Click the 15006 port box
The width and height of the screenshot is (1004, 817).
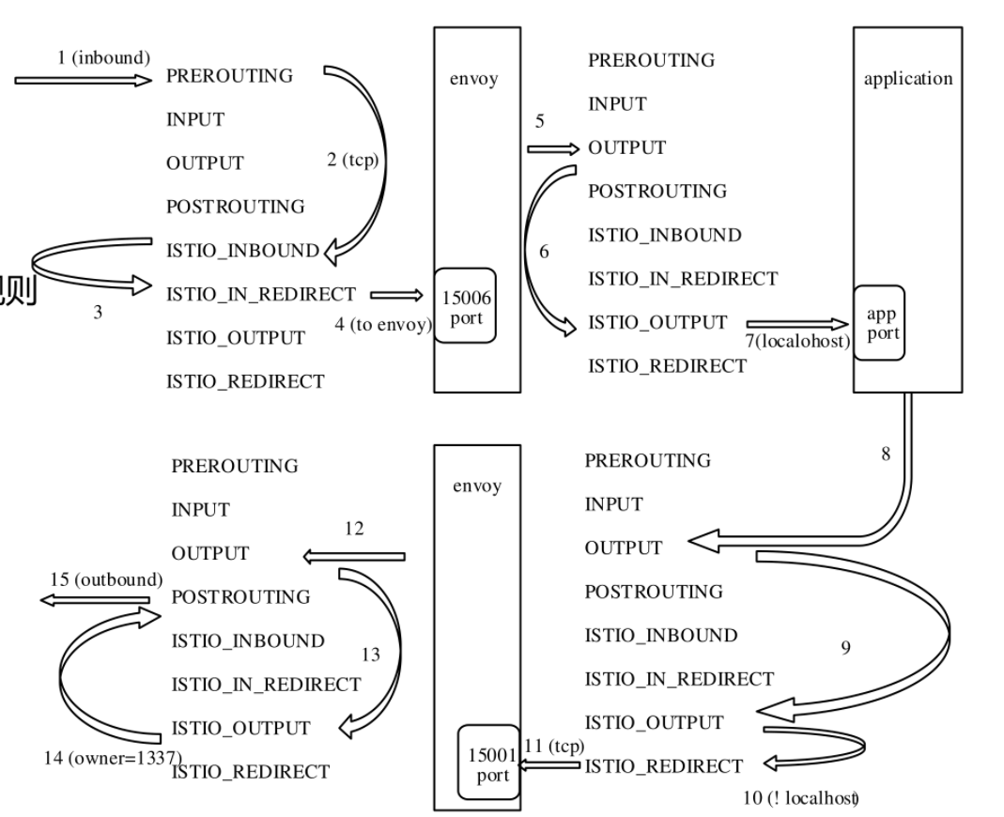point(466,307)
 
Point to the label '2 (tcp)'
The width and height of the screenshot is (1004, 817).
point(352,160)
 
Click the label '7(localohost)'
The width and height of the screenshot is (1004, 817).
point(798,341)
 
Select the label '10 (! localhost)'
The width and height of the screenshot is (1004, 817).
point(801,798)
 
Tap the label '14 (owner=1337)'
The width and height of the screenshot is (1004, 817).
point(113,757)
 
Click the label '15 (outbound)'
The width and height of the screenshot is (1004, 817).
point(106,579)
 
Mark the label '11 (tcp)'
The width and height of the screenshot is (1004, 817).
point(554,746)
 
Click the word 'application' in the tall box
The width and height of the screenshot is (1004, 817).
point(907,78)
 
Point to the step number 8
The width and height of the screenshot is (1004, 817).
point(886,454)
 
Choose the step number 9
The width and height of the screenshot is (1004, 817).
point(846,647)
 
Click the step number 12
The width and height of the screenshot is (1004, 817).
point(354,529)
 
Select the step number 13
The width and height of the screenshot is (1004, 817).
point(371,655)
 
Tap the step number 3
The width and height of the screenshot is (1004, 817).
point(98,313)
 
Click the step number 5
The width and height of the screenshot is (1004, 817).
point(539,121)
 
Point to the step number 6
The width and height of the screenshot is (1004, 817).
point(545,253)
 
